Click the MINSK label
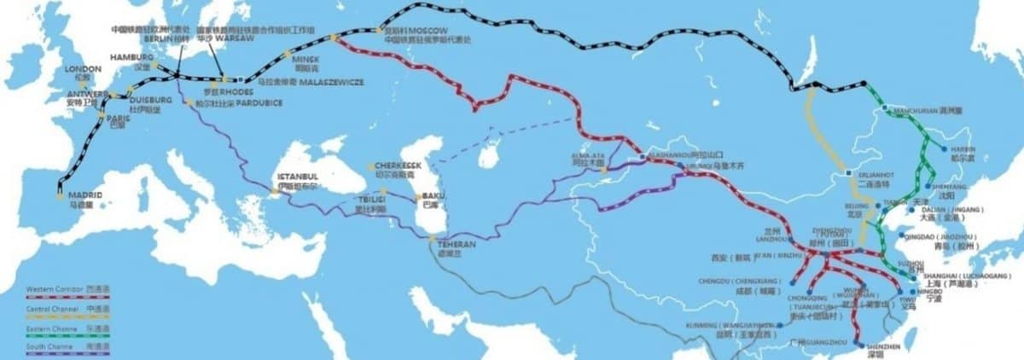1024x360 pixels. [x=305, y=59]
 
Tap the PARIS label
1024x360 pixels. [x=119, y=119]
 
